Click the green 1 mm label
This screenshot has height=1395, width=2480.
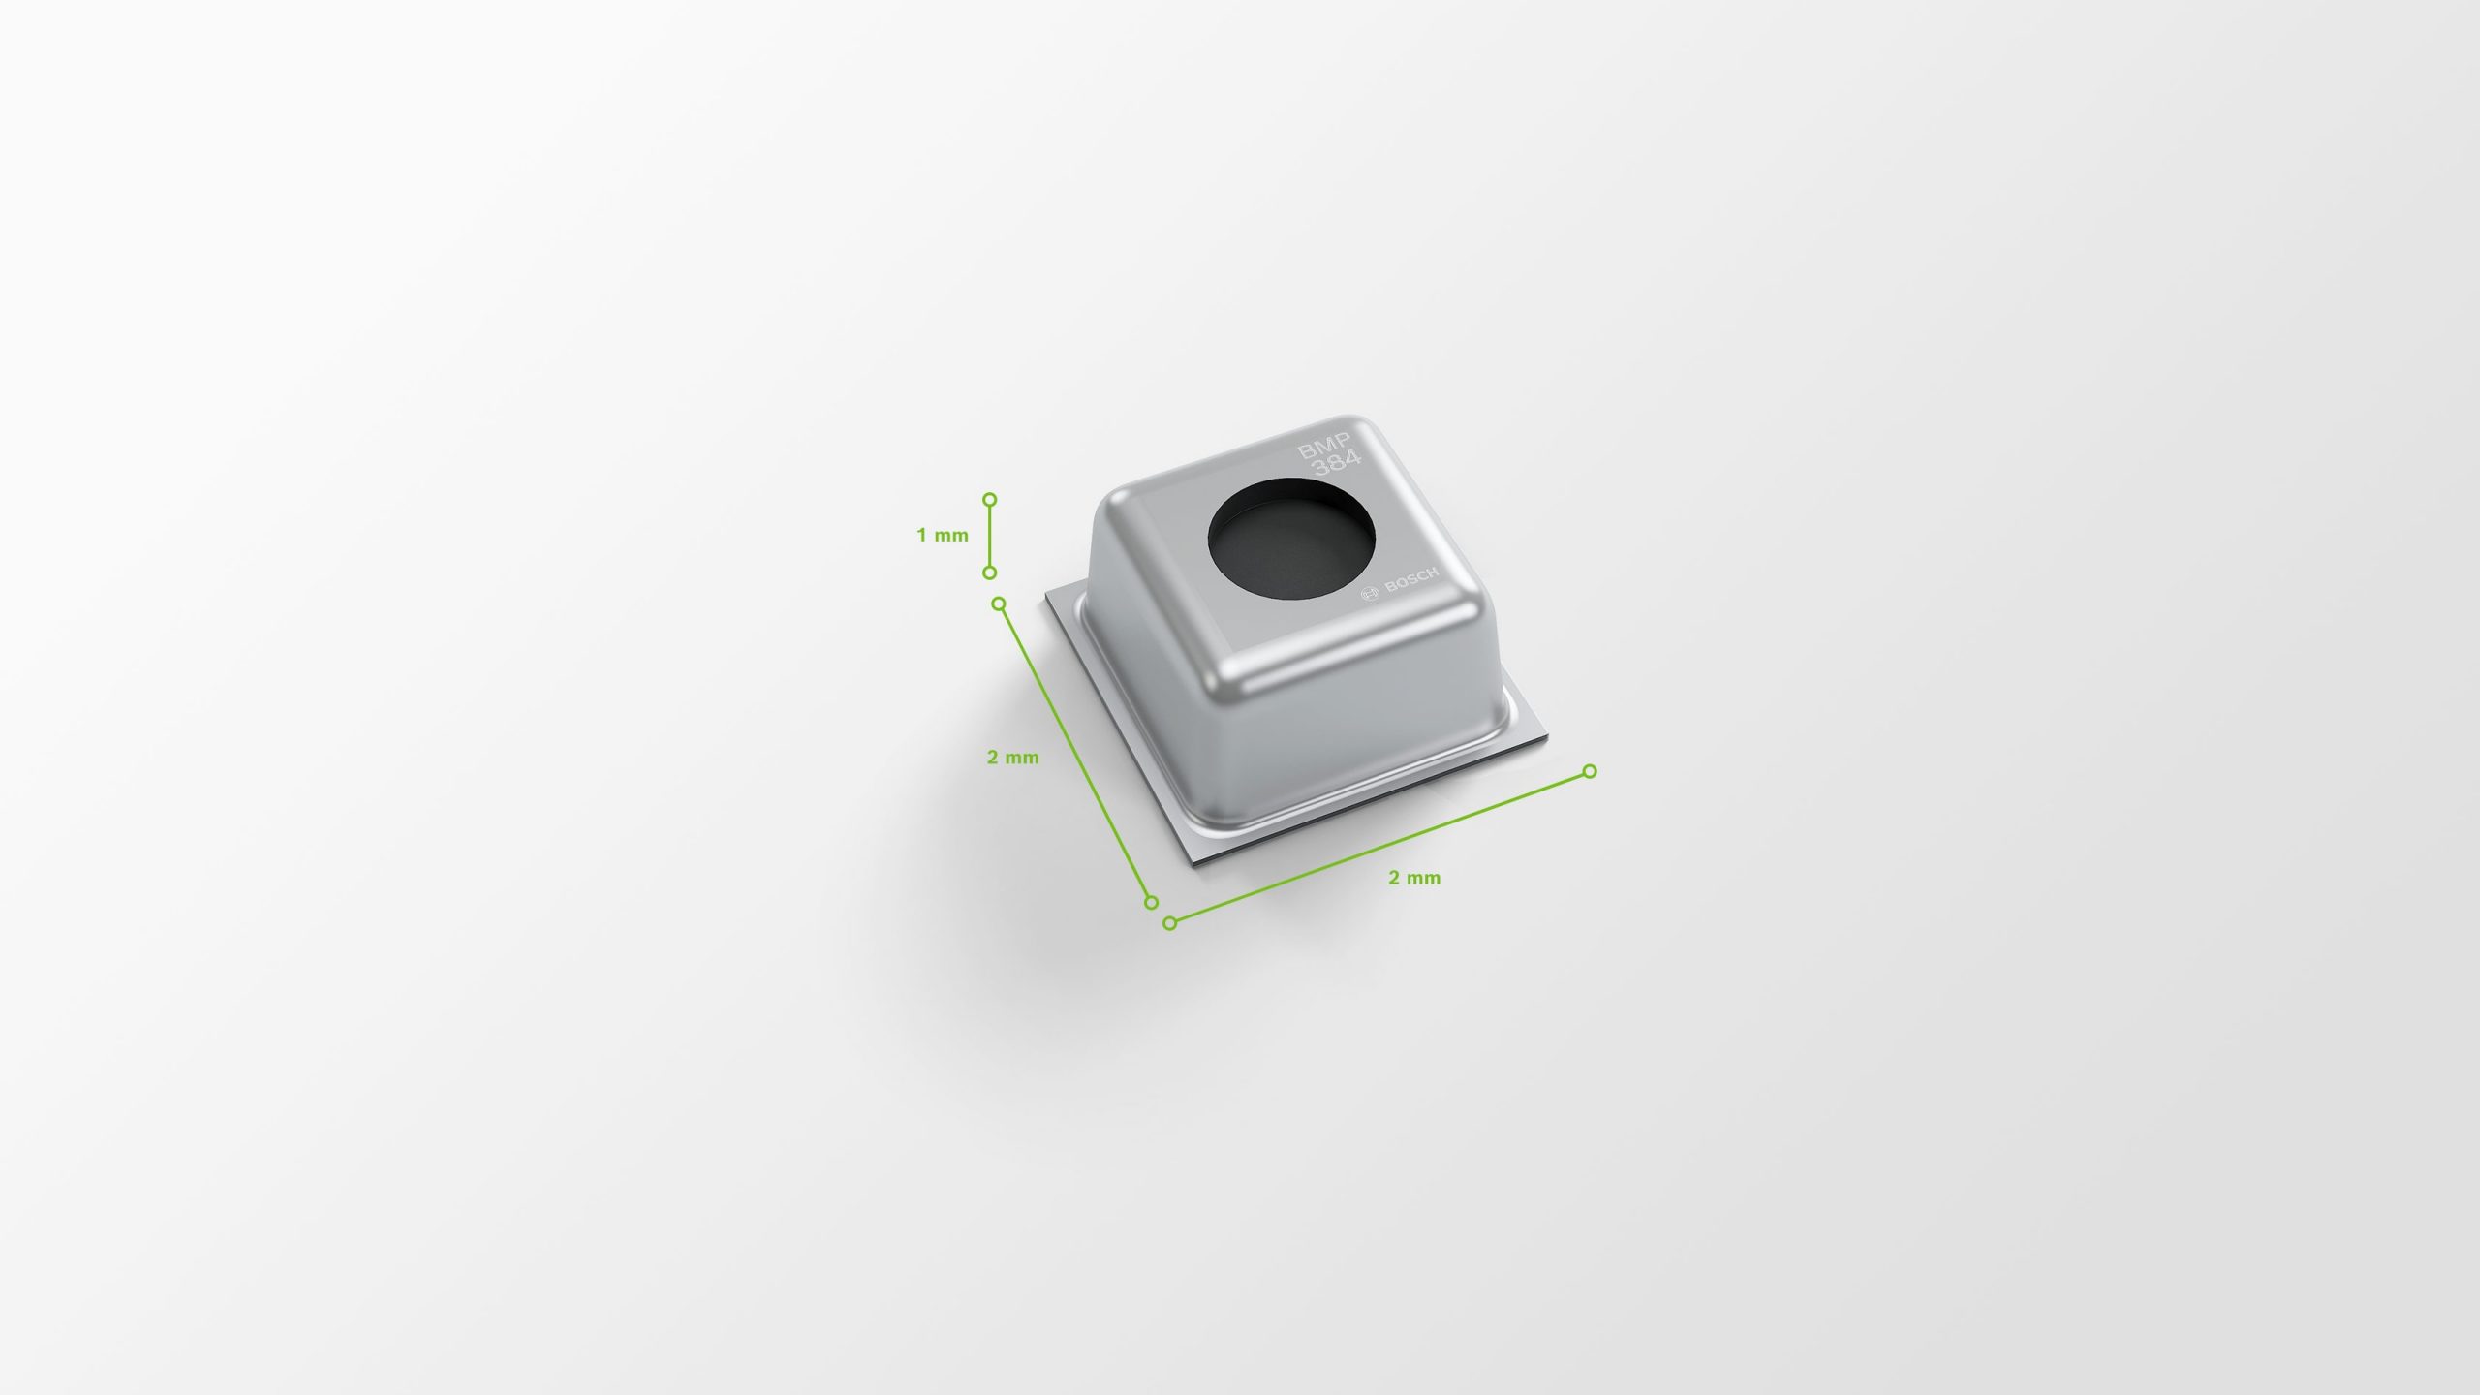pos(943,535)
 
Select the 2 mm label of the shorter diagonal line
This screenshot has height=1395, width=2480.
pos(1012,758)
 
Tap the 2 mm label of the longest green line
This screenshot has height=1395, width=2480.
pos(1414,878)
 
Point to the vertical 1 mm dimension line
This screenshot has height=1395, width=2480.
pos(989,536)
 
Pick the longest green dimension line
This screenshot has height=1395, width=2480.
pos(1379,847)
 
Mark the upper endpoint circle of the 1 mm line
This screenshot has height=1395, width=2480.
pos(989,500)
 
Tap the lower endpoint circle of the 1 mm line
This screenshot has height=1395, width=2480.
pos(989,573)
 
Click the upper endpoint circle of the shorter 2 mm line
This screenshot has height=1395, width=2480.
pos(1000,604)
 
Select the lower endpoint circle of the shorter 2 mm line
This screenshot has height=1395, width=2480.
pos(1152,902)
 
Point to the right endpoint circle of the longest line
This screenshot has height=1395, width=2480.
pos(1590,771)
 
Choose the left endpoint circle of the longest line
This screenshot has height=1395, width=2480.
pos(1169,923)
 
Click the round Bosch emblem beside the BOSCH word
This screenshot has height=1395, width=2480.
pos(1370,594)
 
